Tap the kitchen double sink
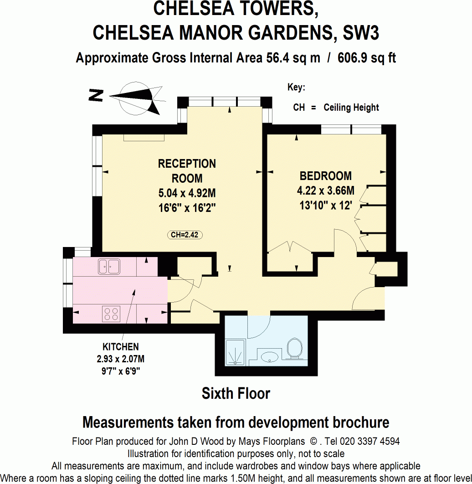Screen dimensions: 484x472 109,267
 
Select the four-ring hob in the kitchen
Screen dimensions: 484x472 111,314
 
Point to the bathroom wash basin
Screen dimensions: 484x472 269,358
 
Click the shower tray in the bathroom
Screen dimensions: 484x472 236,352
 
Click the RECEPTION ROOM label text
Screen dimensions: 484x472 187,171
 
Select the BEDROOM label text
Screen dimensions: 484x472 325,176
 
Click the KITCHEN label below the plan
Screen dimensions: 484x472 121,347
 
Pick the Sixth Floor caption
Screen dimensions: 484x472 236,393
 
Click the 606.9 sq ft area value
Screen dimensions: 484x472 367,58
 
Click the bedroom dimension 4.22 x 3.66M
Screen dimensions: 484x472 325,191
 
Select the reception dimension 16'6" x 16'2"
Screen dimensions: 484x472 187,208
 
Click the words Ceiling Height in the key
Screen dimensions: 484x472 351,108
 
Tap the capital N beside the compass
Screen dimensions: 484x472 96,95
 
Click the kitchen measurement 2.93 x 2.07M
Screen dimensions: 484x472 121,359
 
